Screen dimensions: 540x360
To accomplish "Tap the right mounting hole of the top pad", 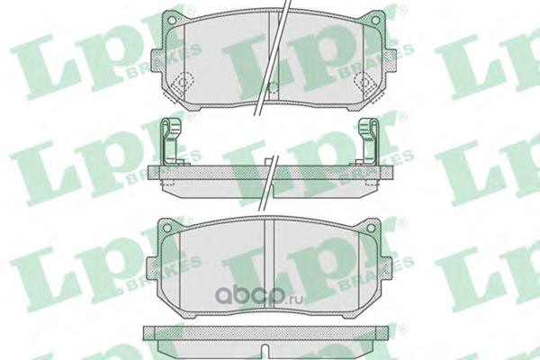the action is [x=376, y=21].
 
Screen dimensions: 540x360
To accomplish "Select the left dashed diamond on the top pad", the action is [x=184, y=82].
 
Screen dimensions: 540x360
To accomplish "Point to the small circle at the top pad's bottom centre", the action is [x=273, y=88].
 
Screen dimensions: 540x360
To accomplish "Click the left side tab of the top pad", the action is [x=157, y=61].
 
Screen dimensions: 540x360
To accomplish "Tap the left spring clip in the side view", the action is [x=170, y=141].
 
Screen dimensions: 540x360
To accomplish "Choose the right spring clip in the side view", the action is [x=368, y=141].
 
